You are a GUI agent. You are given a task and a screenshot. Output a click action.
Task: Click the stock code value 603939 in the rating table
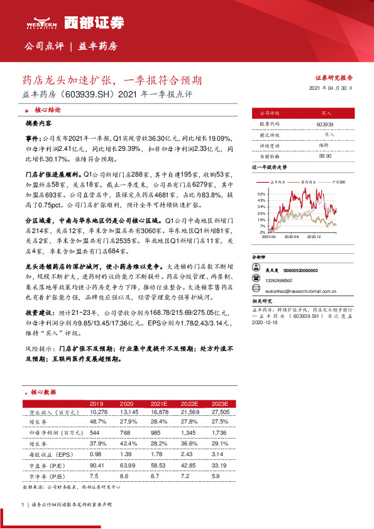[x=324, y=124]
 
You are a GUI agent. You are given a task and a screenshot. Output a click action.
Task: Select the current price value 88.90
[x=324, y=155]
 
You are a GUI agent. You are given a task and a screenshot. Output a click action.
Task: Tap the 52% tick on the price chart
[x=261, y=194]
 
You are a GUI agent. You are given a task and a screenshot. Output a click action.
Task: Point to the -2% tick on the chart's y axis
[x=261, y=232]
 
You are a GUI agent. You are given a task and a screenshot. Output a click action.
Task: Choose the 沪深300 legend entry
[x=339, y=181]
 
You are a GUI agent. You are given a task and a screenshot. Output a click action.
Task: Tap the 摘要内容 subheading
[x=39, y=124]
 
